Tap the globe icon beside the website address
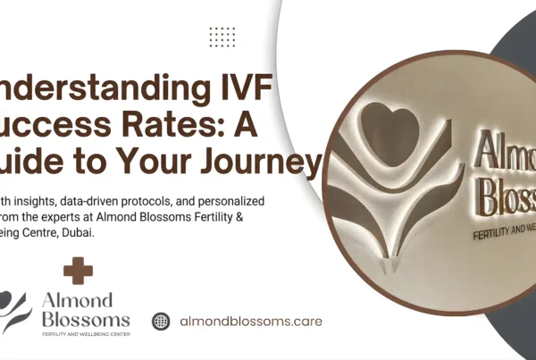coord(161,321)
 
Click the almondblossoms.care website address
coord(251,321)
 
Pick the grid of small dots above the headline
coord(222,37)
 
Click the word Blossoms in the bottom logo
coord(84,320)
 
